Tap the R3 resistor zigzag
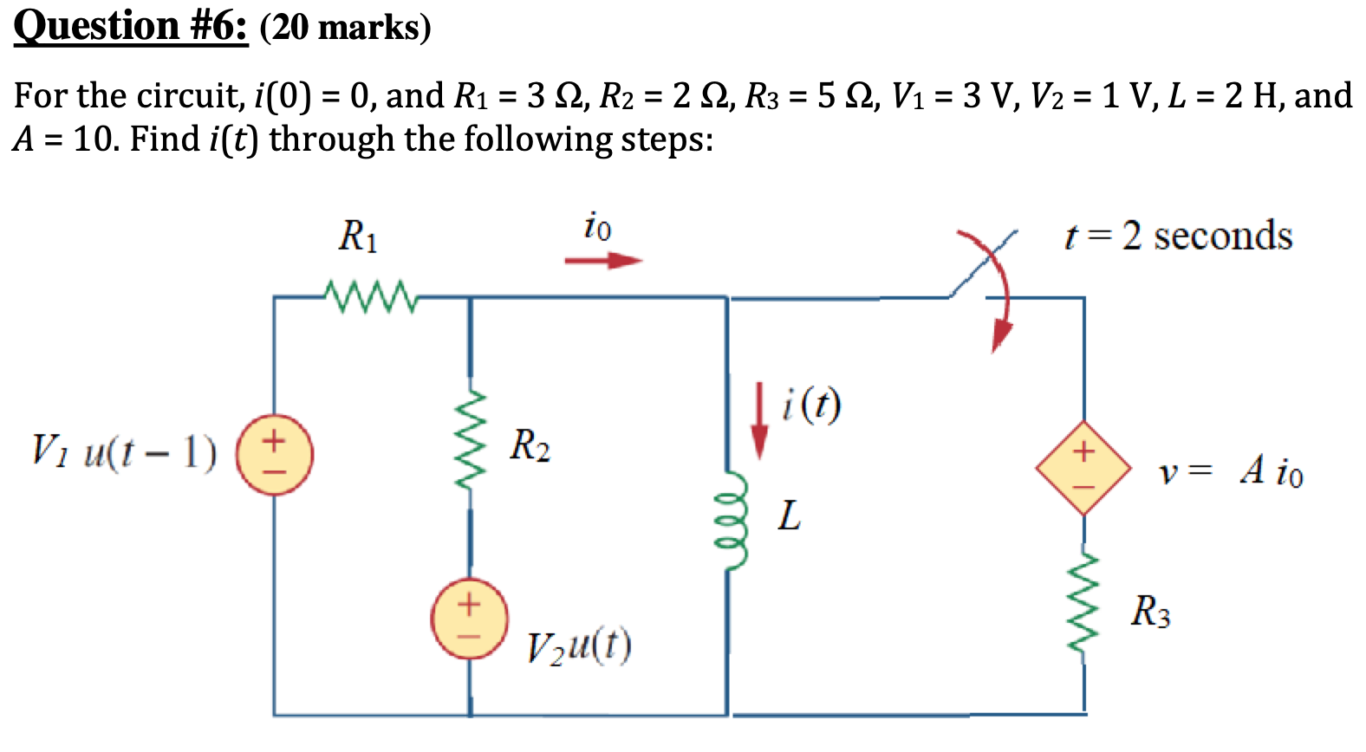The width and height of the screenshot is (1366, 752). pyautogui.click(x=1083, y=603)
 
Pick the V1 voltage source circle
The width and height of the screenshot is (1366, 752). pyautogui.click(x=275, y=455)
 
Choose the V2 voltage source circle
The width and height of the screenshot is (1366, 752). pyautogui.click(x=470, y=619)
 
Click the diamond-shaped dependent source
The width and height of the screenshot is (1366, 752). pyautogui.click(x=1083, y=468)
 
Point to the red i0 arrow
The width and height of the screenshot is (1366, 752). pyautogui.click(x=603, y=260)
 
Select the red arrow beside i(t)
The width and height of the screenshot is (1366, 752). pyautogui.click(x=759, y=421)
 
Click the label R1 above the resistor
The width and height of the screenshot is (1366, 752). pyautogui.click(x=358, y=236)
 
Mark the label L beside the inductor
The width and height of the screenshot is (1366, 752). pyautogui.click(x=789, y=516)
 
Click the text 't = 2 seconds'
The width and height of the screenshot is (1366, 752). pyautogui.click(x=1178, y=236)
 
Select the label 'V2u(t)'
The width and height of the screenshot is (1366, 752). pyautogui.click(x=579, y=645)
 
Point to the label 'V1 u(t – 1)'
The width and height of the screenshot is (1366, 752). pyautogui.click(x=124, y=451)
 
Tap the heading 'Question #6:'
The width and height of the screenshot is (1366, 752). pyautogui.click(x=131, y=26)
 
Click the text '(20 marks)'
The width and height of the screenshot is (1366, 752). pyautogui.click(x=345, y=28)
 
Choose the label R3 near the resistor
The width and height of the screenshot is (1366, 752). pyautogui.click(x=1150, y=612)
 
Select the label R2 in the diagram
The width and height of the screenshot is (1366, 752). pyautogui.click(x=530, y=445)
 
